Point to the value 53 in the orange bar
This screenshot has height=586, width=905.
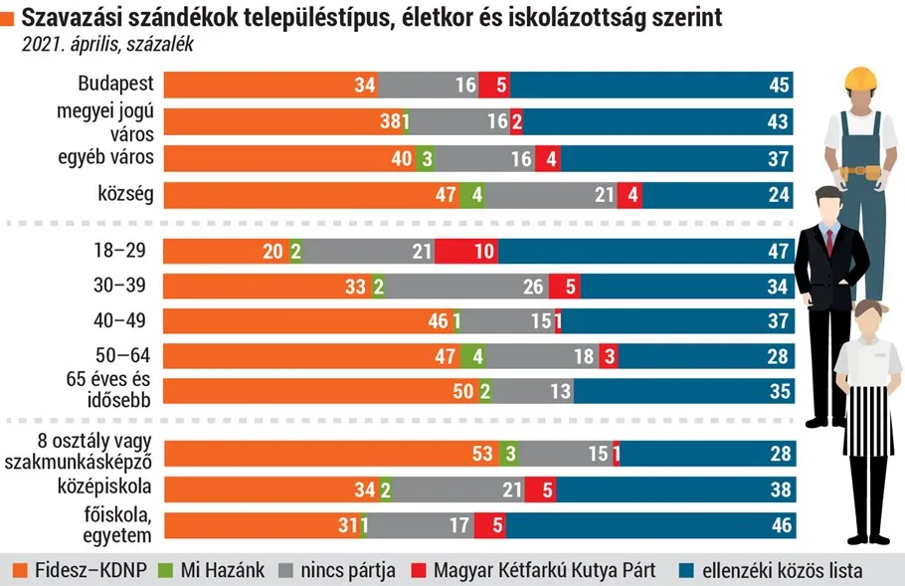click(483, 455)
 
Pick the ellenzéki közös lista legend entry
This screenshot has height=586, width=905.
click(780, 571)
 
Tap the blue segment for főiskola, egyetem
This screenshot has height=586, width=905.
click(646, 525)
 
